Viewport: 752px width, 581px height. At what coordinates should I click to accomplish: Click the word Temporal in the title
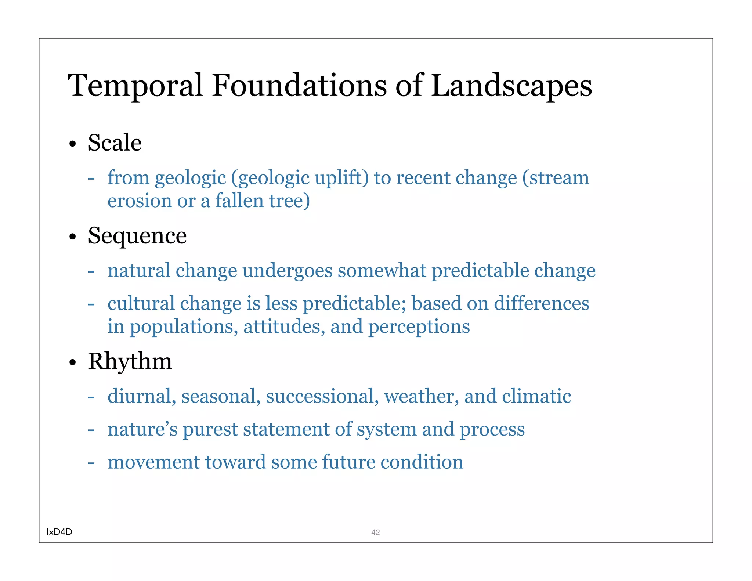135,86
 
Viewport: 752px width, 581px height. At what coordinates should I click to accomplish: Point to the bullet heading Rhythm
130,361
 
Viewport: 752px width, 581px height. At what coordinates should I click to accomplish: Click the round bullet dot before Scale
73,144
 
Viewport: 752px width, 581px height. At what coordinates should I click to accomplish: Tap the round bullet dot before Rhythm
73,363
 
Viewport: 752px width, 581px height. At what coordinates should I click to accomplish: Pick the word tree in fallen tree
289,201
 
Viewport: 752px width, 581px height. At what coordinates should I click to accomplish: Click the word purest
210,429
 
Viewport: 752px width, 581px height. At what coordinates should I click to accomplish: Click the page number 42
375,532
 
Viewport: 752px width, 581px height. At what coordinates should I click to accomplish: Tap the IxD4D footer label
59,532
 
